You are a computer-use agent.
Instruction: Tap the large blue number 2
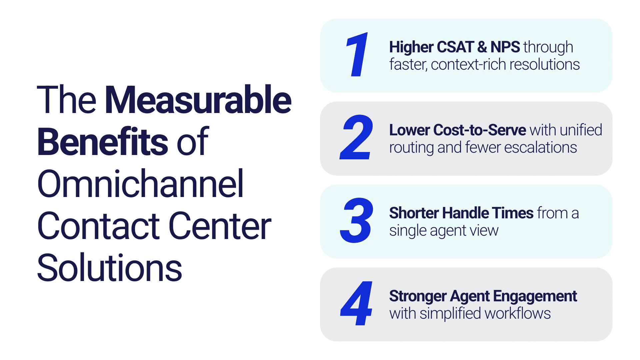click(356, 137)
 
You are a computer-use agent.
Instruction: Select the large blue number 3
click(356, 220)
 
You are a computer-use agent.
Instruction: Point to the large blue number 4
click(356, 303)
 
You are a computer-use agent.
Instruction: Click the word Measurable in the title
click(198, 100)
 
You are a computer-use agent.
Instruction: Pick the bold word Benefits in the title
click(103, 142)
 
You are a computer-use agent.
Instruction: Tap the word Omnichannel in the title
click(140, 184)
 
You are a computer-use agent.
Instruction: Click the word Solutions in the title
click(110, 268)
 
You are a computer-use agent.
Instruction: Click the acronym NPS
click(505, 47)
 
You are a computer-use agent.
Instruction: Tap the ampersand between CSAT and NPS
click(482, 47)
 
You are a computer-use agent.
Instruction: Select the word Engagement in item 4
click(535, 296)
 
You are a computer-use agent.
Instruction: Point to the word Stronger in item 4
click(418, 296)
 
